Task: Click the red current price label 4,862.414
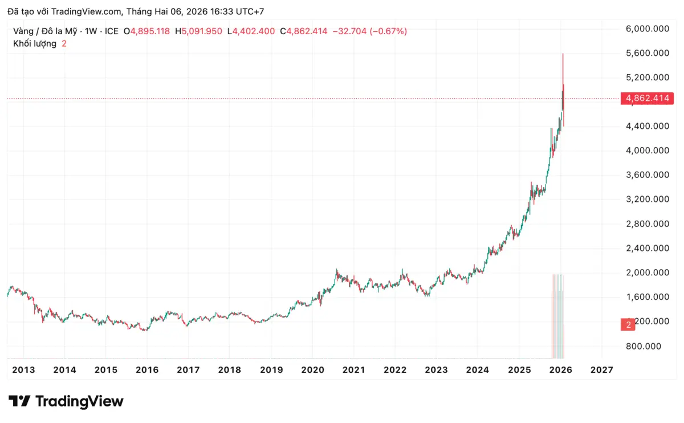648,99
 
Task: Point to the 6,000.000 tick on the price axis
647,29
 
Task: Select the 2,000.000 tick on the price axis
647,272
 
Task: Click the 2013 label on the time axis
23,370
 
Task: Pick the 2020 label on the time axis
312,370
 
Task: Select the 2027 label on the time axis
601,370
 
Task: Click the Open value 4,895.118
150,31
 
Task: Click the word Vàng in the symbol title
23,31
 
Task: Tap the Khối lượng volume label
35,44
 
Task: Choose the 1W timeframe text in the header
91,31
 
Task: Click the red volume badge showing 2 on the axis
628,325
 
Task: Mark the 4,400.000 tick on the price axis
647,126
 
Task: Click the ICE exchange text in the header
111,31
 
